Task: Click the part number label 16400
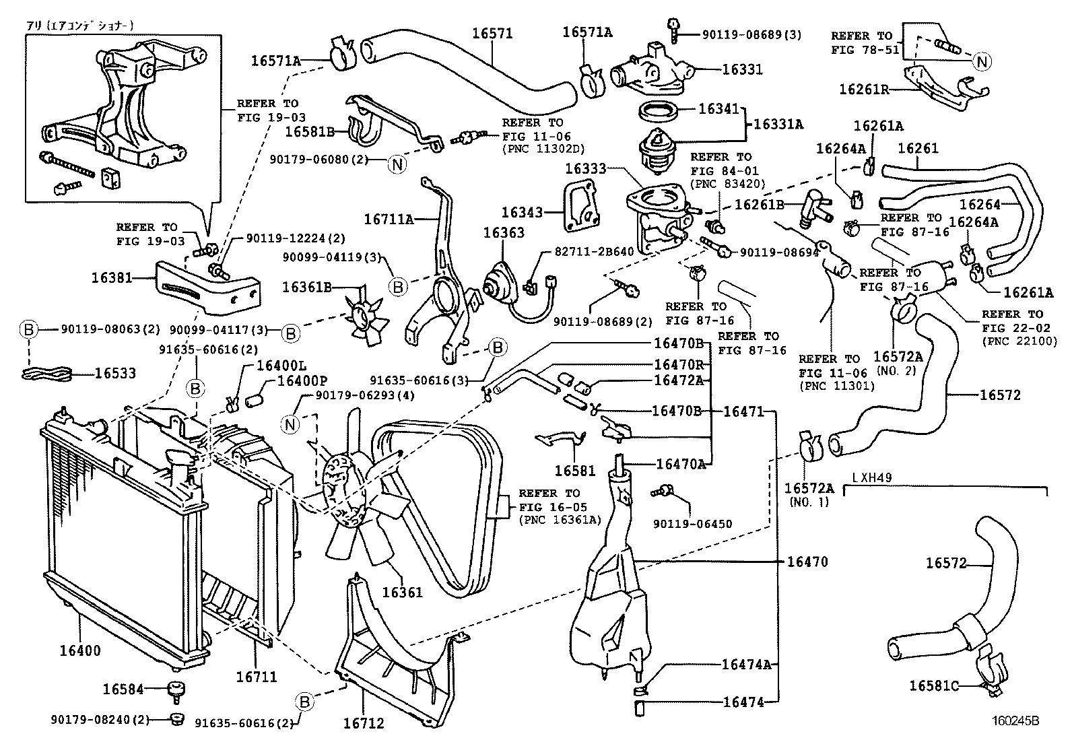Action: [x=79, y=650]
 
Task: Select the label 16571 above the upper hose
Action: [x=492, y=33]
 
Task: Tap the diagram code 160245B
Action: [x=1014, y=720]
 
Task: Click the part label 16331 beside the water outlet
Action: [x=743, y=69]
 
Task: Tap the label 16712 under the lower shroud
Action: [x=363, y=723]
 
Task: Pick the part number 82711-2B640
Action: [x=594, y=251]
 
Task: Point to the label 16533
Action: [x=114, y=373]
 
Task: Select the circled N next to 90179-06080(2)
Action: [x=398, y=164]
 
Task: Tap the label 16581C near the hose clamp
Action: [x=933, y=685]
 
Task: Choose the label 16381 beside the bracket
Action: [x=112, y=277]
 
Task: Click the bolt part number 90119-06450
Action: [x=693, y=523]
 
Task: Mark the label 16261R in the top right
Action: [x=865, y=88]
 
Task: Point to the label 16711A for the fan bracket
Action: [x=389, y=218]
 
